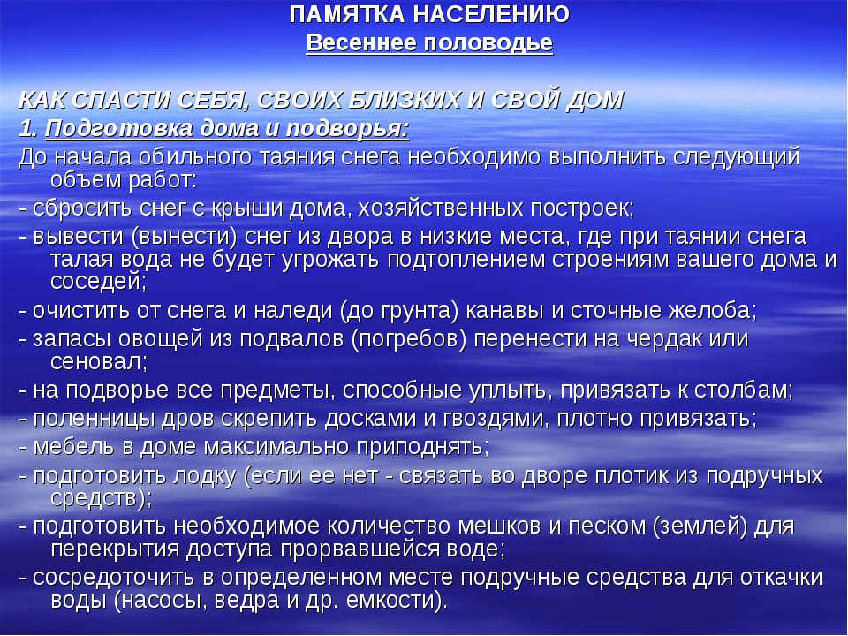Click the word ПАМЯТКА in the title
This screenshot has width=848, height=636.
point(346,15)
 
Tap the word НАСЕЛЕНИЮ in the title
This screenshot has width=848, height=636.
point(491,15)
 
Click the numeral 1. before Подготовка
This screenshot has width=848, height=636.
point(28,129)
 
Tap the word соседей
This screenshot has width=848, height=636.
point(98,282)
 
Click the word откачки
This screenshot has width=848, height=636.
point(782,578)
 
